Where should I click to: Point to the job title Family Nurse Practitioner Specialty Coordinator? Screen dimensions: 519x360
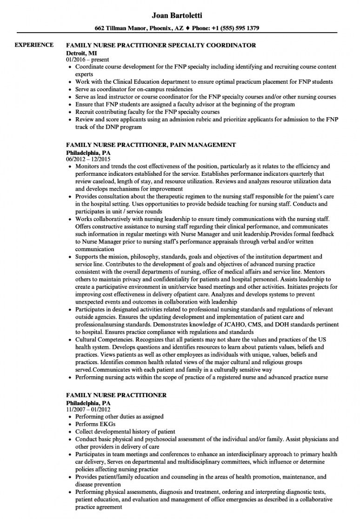tap(161, 46)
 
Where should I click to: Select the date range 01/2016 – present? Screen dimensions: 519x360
tap(87, 60)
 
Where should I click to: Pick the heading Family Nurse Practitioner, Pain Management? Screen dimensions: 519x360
tap(151, 145)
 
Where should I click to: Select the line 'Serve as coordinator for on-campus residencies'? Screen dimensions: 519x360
tap(134, 89)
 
